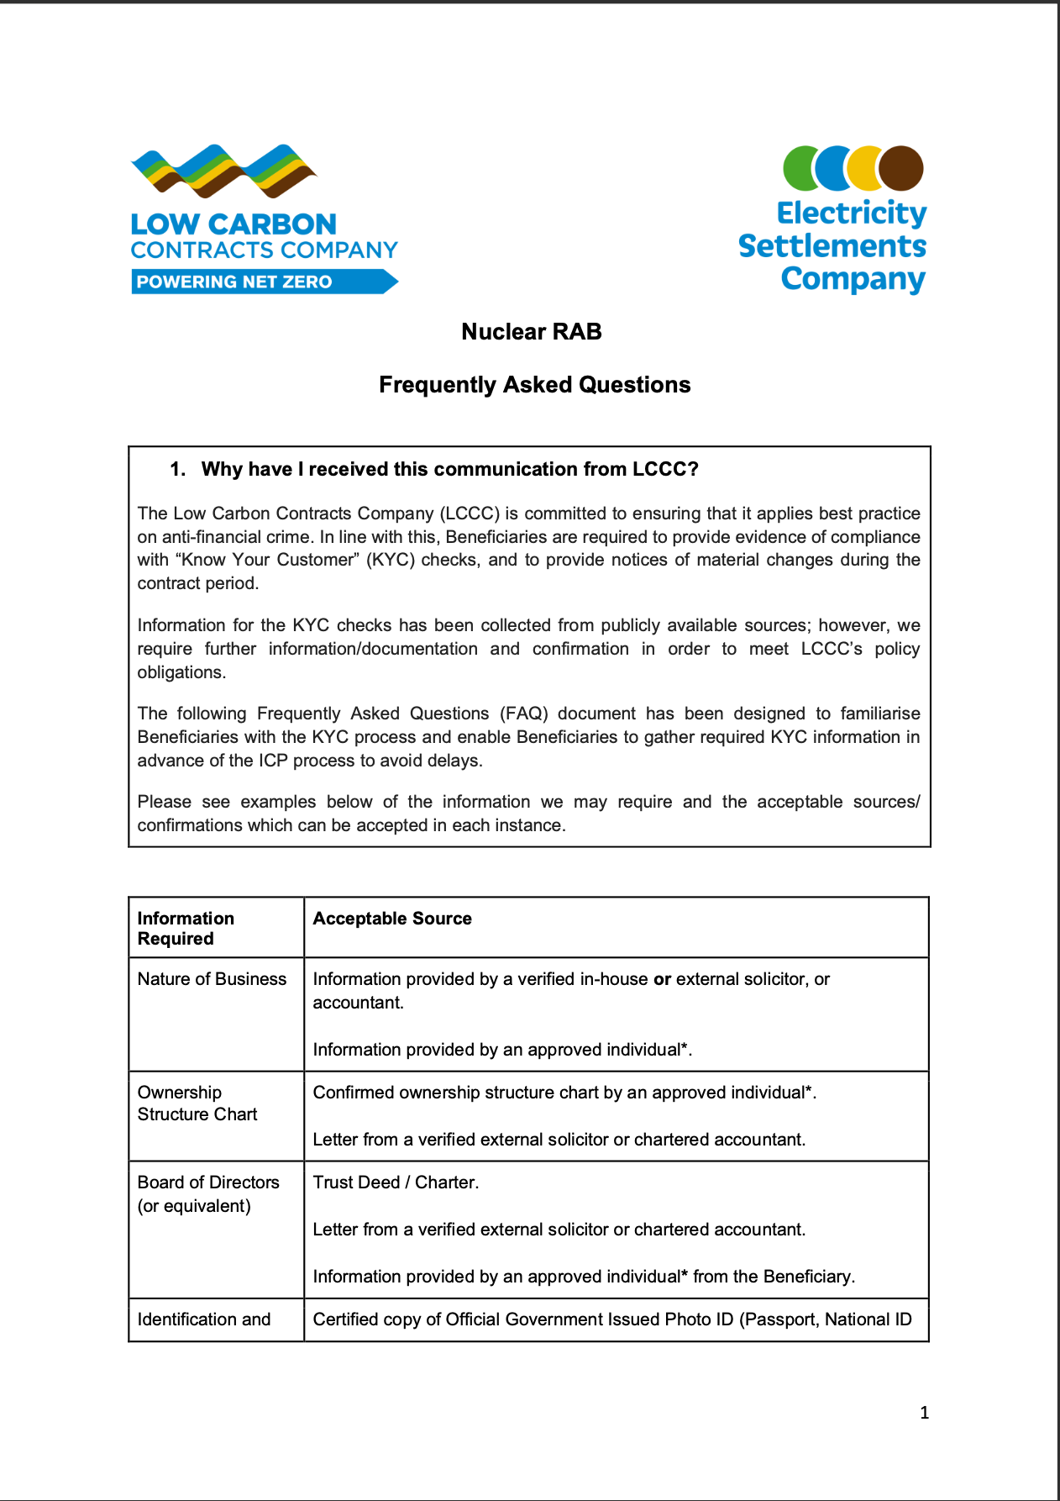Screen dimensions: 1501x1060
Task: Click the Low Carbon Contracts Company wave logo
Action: pyautogui.click(x=223, y=172)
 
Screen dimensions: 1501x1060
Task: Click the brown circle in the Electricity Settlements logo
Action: pyautogui.click(x=902, y=167)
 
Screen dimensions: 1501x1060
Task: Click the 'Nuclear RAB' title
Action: pyautogui.click(x=531, y=332)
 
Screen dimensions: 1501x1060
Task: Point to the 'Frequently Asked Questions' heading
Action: pyautogui.click(x=534, y=385)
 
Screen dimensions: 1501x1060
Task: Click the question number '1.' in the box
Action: pyautogui.click(x=177, y=469)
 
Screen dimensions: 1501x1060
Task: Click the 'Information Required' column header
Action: pyautogui.click(x=186, y=929)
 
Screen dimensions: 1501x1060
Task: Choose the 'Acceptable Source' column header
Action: pyautogui.click(x=392, y=919)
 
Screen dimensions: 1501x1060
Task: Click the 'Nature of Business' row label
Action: pyautogui.click(x=212, y=979)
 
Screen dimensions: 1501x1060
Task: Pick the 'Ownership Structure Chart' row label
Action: pyautogui.click(x=197, y=1103)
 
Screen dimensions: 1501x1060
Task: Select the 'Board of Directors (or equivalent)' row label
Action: pyautogui.click(x=208, y=1194)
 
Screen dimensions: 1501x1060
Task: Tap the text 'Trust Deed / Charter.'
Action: pyautogui.click(x=396, y=1182)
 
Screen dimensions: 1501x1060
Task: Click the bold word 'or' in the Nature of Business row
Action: pyautogui.click(x=662, y=979)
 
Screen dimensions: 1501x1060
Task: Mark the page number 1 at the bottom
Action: pyautogui.click(x=924, y=1413)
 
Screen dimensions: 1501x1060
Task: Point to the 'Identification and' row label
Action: pyautogui.click(x=204, y=1319)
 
